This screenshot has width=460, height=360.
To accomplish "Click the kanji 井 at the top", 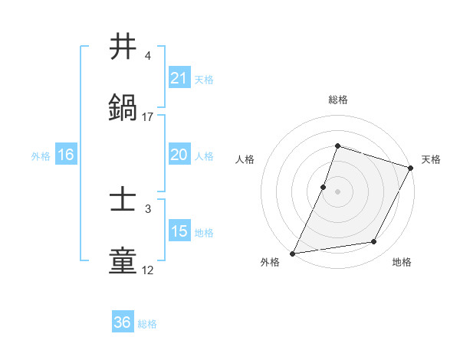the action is (x=123, y=47).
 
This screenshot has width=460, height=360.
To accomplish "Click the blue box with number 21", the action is (x=179, y=78).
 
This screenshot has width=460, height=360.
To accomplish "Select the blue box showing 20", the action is (x=179, y=155).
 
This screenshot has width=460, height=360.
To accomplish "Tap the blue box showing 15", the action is (x=179, y=231).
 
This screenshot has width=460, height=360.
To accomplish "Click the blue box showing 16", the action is (x=66, y=155).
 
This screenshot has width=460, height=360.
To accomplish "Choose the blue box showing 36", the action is (x=122, y=322).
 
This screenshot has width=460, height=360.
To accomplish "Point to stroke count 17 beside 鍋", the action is (x=148, y=117).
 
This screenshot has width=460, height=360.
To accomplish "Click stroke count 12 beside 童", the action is (x=148, y=270).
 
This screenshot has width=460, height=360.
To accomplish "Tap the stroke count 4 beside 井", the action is (x=148, y=56).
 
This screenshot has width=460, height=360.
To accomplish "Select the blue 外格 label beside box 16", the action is (x=41, y=155).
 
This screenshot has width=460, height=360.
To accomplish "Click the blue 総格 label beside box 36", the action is (x=147, y=323).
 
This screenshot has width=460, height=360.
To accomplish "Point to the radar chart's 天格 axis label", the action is (x=431, y=159).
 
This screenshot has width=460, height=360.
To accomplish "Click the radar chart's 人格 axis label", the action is (x=245, y=159).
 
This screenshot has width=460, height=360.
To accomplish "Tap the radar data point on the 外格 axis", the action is (x=292, y=253).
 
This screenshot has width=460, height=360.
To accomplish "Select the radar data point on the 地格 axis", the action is (x=374, y=242).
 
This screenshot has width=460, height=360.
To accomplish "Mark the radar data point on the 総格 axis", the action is (x=337, y=146).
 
